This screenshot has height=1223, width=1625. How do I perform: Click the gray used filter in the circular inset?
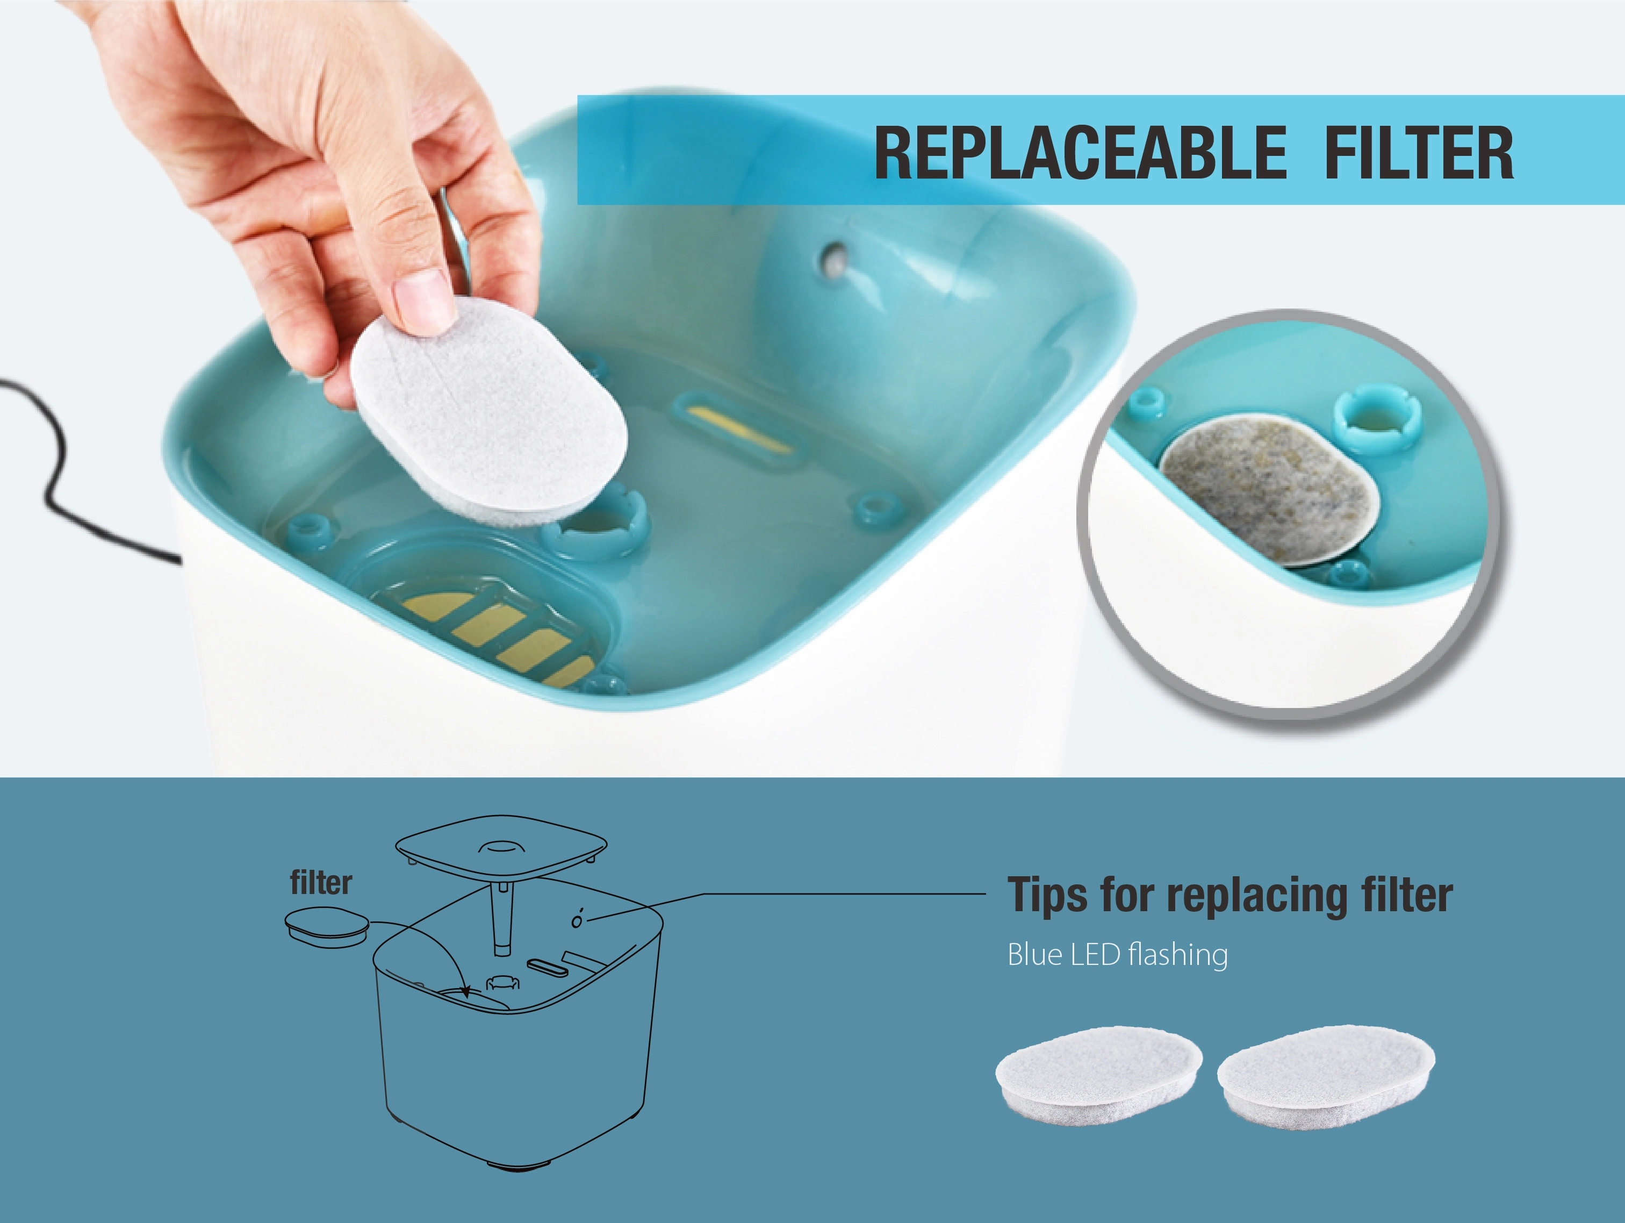1269,494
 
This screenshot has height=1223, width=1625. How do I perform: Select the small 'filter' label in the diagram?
321,883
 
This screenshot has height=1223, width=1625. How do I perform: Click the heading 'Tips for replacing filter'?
1229,895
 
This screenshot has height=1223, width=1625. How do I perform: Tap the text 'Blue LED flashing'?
1117,955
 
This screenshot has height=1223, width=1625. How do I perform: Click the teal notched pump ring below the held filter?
597,528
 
